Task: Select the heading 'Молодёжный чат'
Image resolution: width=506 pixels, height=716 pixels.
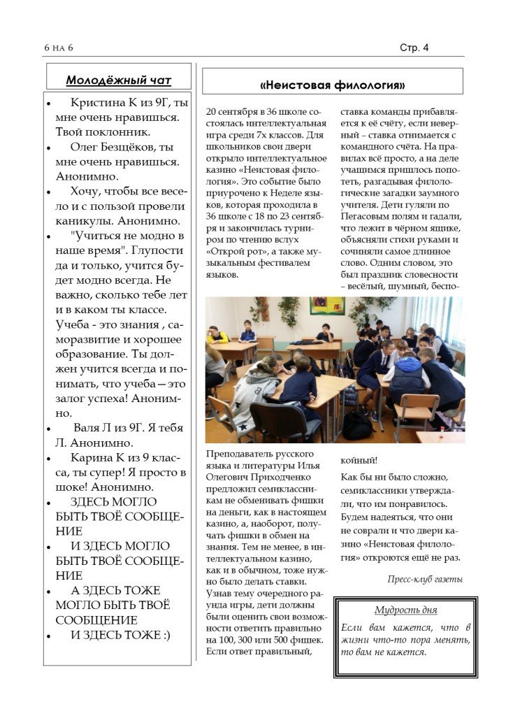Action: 118,80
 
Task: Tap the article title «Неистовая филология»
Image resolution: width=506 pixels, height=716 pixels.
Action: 332,85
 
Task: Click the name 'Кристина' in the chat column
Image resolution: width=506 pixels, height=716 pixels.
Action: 98,103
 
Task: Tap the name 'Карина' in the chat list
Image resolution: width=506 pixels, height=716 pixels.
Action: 91,457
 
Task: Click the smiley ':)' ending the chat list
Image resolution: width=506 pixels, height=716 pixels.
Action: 164,635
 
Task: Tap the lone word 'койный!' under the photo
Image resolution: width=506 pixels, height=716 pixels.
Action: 359,460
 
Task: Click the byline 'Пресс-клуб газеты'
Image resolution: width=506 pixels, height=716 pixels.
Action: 425,579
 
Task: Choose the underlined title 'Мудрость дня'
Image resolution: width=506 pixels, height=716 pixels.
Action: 405,609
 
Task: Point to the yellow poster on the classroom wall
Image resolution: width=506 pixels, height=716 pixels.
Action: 327,306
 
